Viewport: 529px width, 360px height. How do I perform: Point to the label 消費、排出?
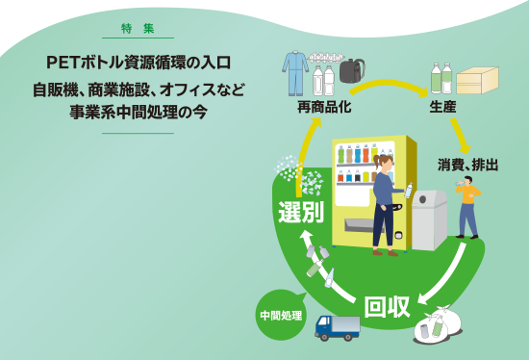click(468, 165)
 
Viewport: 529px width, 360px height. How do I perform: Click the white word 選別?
click(300, 212)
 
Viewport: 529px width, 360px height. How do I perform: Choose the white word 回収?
click(388, 307)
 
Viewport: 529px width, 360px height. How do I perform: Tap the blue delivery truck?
click(337, 327)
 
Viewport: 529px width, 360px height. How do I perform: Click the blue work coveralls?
click(294, 72)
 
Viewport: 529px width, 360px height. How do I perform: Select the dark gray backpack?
click(351, 68)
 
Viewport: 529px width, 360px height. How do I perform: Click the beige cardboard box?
click(477, 80)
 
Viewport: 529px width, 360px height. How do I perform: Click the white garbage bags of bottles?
click(438, 324)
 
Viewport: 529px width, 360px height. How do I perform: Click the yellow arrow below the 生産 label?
click(460, 136)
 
